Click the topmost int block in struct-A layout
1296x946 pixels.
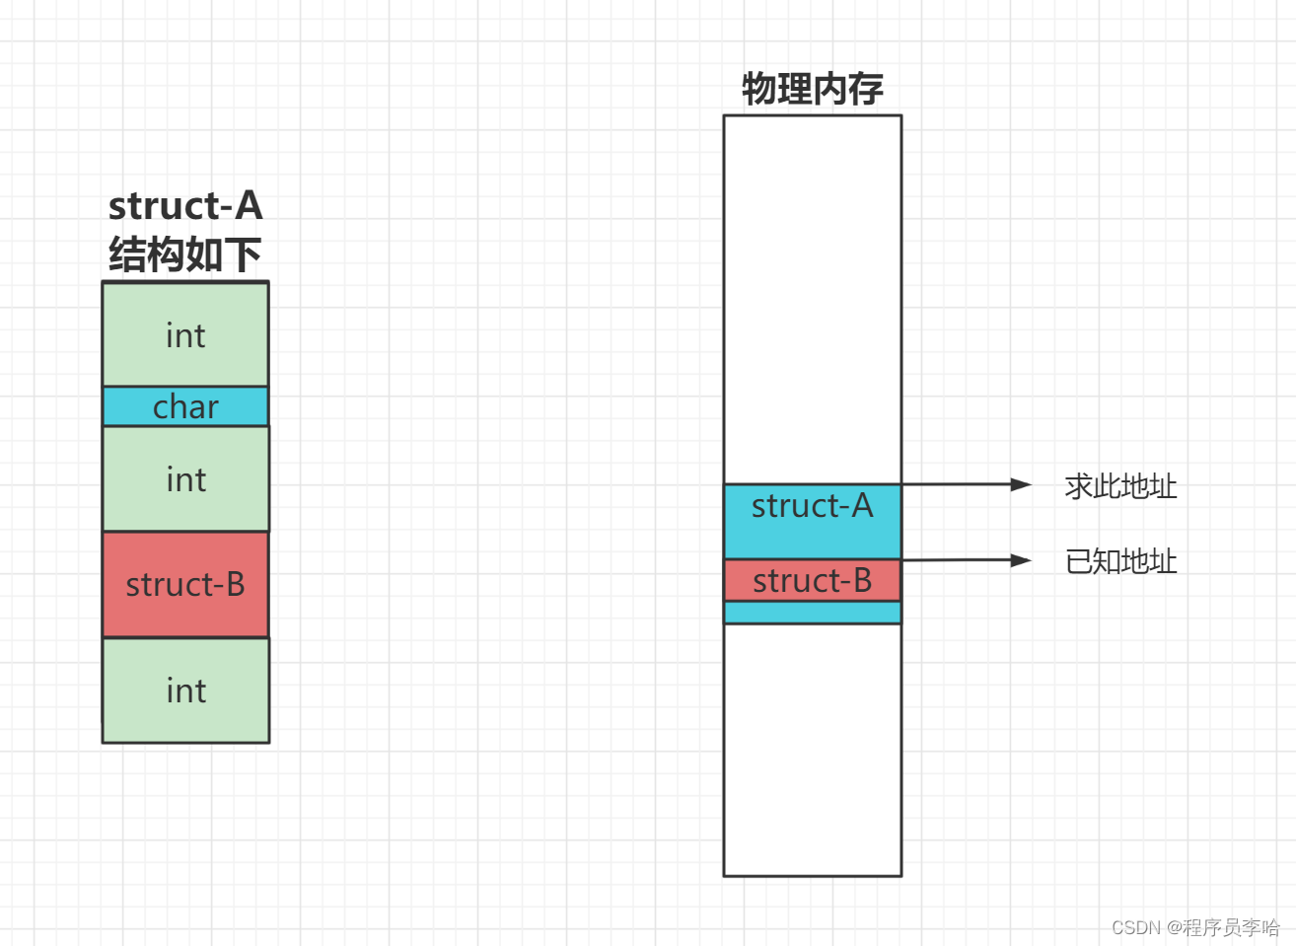[185, 334]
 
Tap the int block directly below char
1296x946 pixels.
[185, 479]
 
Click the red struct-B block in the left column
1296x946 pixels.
[185, 584]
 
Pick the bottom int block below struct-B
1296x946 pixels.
[185, 691]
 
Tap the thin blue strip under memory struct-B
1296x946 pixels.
[812, 613]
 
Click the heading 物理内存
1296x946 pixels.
[812, 89]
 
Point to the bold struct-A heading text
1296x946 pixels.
[185, 205]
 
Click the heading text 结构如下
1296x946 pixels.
[185, 255]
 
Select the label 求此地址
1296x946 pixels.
[1120, 486]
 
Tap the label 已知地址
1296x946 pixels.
[1120, 561]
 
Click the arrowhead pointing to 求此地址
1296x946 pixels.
[1022, 484]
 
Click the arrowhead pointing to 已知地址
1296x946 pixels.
[1022, 560]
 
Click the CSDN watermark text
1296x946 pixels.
[1194, 927]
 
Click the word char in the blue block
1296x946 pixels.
[185, 406]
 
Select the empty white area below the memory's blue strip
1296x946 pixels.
[812, 750]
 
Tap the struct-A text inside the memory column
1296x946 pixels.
[812, 506]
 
